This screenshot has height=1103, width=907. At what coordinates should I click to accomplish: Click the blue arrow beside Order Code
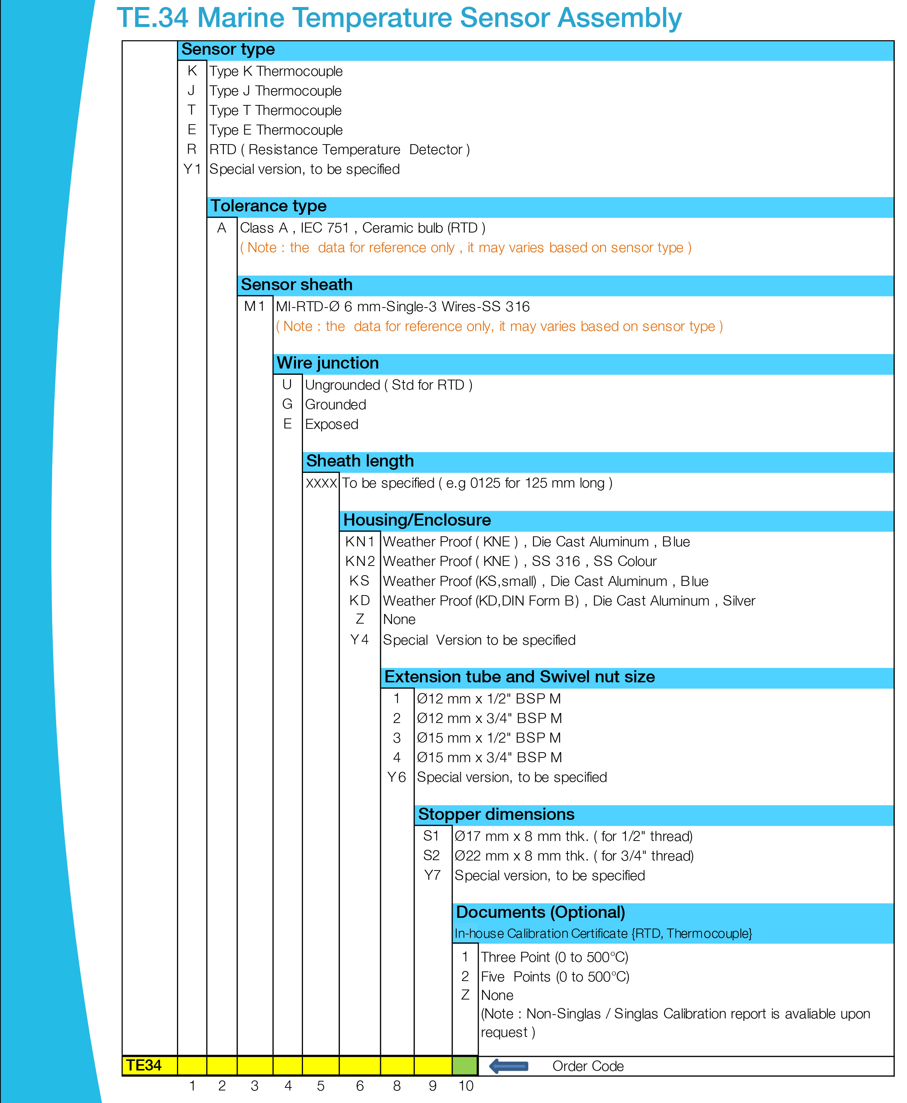tap(508, 1066)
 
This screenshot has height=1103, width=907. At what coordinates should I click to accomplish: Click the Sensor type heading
tap(228, 50)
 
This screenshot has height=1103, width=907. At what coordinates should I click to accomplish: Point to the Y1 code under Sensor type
tap(192, 169)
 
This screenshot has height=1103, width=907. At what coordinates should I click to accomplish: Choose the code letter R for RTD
tap(192, 149)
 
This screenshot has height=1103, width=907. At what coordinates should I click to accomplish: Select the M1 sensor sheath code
tap(255, 306)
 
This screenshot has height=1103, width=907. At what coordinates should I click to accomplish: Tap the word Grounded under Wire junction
tap(335, 405)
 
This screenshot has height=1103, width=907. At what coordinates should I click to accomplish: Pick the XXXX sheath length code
tap(321, 483)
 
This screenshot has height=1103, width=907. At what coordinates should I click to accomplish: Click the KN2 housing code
tap(360, 561)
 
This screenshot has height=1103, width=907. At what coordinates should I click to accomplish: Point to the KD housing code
tap(359, 601)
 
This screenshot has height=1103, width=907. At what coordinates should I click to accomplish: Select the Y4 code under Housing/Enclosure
tap(359, 640)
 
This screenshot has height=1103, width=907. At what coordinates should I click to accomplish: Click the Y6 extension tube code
tap(396, 777)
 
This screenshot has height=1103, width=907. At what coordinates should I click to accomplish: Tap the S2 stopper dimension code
tap(432, 856)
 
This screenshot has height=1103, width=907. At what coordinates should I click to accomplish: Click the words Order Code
tap(588, 1066)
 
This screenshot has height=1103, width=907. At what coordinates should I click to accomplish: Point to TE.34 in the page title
tap(152, 18)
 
